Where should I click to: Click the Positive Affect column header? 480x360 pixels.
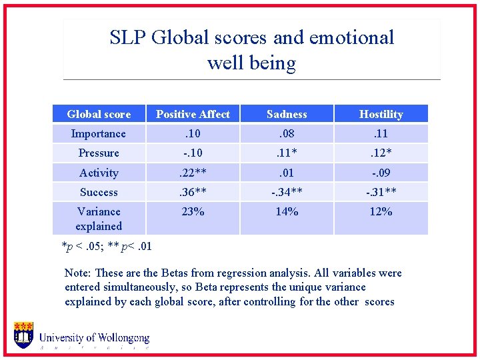tap(193, 114)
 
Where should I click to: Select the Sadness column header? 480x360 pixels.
tap(287, 114)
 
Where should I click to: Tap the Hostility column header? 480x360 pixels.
tap(381, 114)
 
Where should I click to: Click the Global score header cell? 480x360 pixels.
tap(99, 114)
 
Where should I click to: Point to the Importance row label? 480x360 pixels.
tap(99, 133)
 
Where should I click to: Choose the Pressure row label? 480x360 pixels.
tap(99, 153)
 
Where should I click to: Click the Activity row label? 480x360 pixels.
tap(99, 173)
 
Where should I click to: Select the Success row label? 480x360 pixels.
tap(99, 192)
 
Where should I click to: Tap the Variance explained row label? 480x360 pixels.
tap(99, 219)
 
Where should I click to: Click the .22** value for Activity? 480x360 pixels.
tap(193, 173)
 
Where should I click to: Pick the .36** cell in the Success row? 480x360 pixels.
tap(193, 192)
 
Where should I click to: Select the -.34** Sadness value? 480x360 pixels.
tap(287, 192)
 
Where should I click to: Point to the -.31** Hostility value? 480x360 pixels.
tap(381, 192)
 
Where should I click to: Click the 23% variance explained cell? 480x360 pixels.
tap(193, 211)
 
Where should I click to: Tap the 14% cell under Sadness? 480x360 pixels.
tap(287, 211)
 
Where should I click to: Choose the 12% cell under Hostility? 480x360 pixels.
tap(381, 211)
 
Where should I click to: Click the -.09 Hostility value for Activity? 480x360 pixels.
tap(381, 173)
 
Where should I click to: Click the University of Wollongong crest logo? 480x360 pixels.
tap(24, 335)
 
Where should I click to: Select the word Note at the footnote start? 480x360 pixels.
tap(77, 273)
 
